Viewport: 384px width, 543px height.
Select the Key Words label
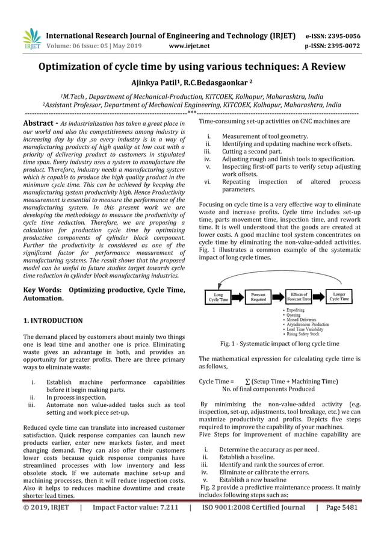(42, 290)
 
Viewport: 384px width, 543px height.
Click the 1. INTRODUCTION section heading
(52, 320)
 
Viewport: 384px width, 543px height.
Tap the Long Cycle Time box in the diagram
(218, 297)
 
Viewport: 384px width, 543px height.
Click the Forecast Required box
(259, 297)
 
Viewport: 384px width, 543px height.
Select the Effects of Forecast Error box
(298, 297)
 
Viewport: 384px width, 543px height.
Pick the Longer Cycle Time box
(339, 297)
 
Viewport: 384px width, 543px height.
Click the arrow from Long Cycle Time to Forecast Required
(238, 297)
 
